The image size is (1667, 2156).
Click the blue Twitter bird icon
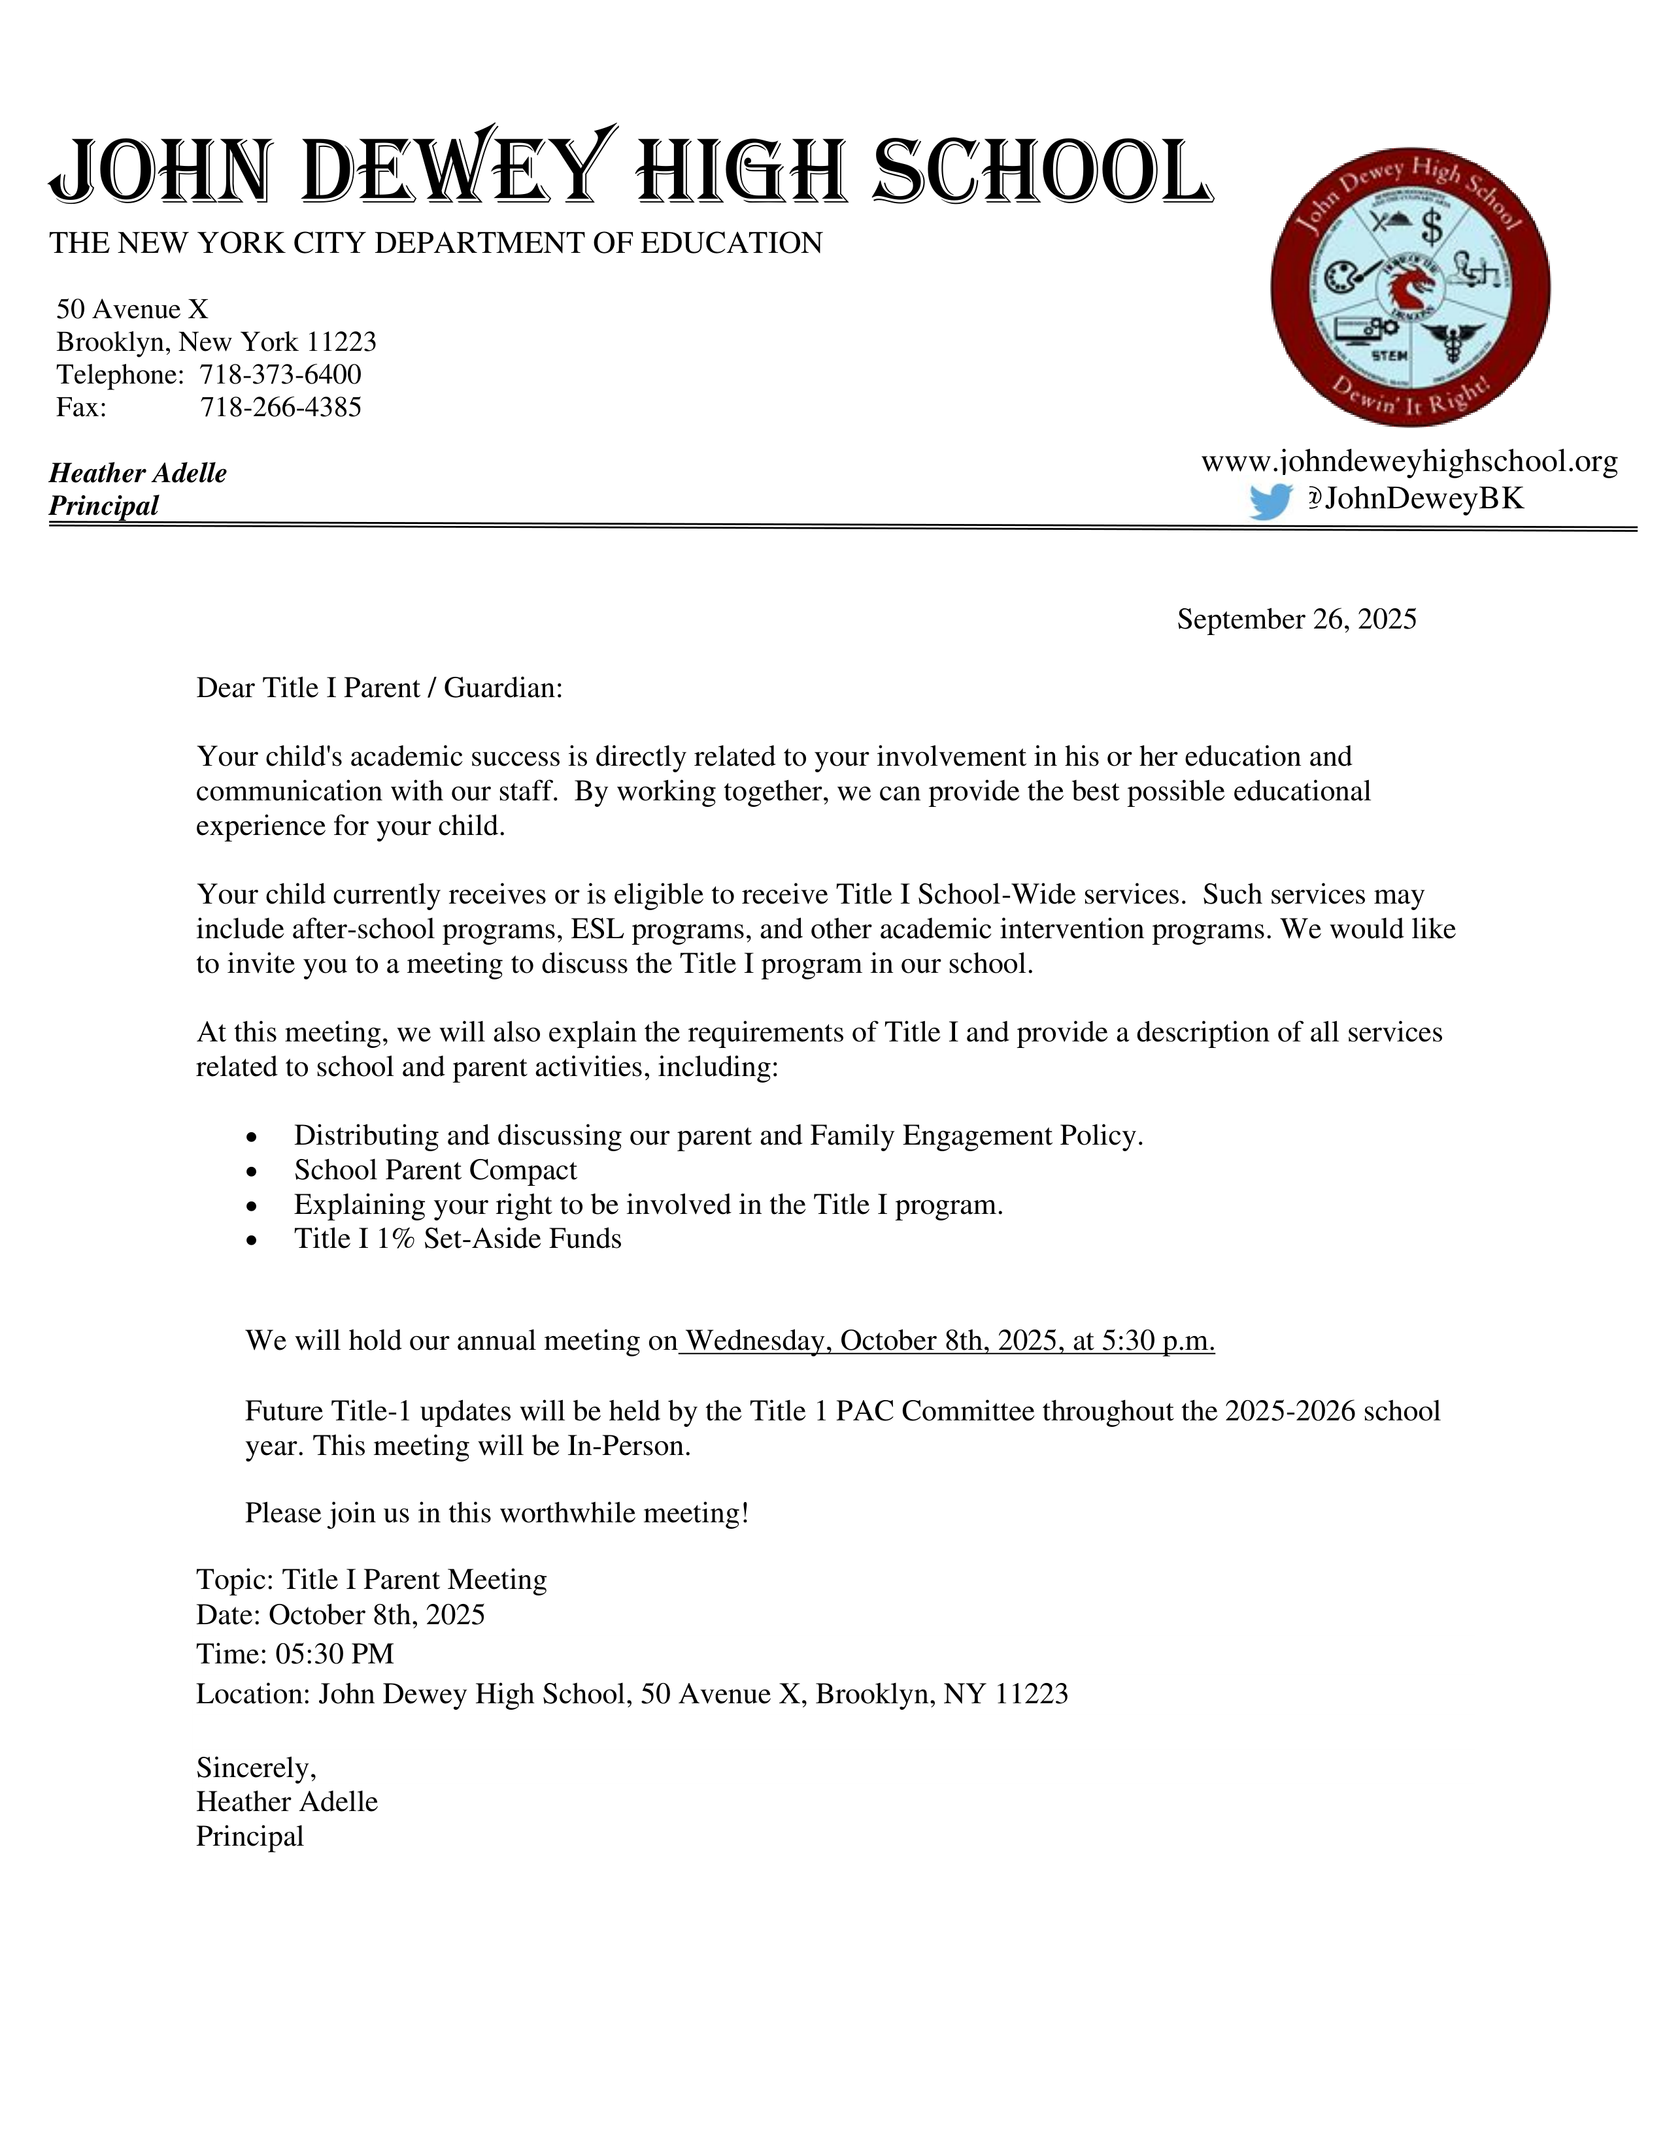[x=1270, y=502]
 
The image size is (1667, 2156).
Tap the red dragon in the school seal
[x=1410, y=288]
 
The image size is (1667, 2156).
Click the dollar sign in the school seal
[x=1431, y=228]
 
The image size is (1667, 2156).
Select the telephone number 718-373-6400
[x=280, y=375]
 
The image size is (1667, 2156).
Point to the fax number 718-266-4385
[x=280, y=408]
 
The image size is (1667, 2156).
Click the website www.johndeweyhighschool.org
[x=1409, y=461]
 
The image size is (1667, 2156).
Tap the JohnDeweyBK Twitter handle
[x=1423, y=498]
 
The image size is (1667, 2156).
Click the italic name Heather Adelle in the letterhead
[x=138, y=473]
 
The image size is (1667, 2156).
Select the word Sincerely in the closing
[x=256, y=1767]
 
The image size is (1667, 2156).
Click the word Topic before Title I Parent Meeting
[x=234, y=1580]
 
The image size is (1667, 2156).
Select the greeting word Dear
[x=225, y=688]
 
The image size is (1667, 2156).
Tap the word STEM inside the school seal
[x=1390, y=353]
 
